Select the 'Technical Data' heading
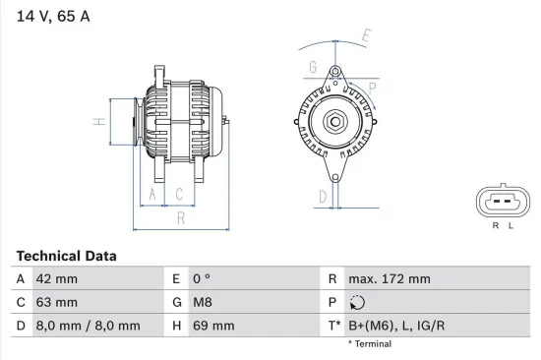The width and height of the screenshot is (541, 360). click(66, 256)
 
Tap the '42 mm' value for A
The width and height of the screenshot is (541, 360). click(57, 279)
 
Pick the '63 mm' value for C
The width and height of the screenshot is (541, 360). click(57, 302)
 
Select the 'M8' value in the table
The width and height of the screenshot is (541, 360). click(202, 302)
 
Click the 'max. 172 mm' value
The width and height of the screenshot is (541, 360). click(389, 279)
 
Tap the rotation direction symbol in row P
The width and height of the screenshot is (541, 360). click(358, 303)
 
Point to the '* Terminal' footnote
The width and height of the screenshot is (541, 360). click(369, 344)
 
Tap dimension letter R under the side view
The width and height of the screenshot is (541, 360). click(180, 219)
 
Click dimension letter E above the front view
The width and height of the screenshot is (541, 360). click(367, 37)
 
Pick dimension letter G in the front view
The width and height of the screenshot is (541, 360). click(313, 67)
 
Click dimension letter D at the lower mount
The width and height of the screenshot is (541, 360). click(322, 196)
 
